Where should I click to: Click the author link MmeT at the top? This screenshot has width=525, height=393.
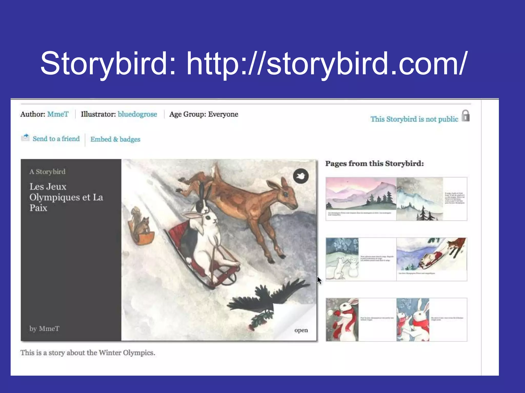click(58, 114)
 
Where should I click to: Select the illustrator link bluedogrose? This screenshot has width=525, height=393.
click(137, 114)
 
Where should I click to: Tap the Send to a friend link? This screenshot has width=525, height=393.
click(56, 139)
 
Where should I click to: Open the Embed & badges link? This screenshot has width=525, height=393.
click(115, 139)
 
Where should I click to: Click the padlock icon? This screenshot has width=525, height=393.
click(466, 116)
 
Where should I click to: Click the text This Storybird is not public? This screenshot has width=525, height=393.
click(414, 119)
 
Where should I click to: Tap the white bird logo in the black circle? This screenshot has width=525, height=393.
click(301, 176)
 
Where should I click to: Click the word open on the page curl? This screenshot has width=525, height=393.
click(301, 330)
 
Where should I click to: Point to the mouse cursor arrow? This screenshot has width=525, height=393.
click(319, 280)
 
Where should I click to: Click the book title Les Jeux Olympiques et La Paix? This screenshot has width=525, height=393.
click(66, 197)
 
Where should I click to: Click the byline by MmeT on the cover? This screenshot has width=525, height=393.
click(44, 329)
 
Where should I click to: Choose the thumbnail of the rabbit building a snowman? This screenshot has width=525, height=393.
click(342, 259)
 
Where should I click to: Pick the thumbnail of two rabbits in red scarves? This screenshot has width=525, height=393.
click(413, 320)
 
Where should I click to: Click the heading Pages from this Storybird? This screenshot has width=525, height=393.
click(375, 163)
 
